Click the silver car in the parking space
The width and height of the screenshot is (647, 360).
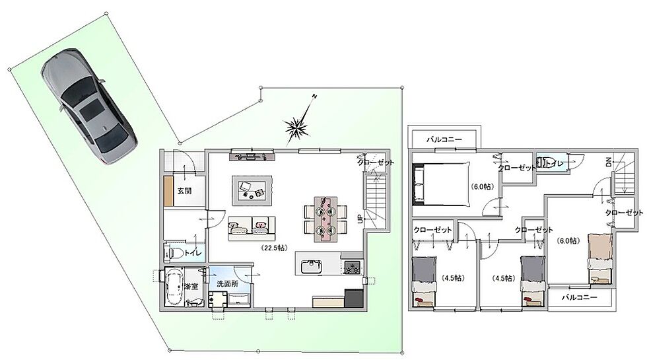coord(88,106)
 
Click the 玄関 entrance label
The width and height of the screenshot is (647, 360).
coord(184,191)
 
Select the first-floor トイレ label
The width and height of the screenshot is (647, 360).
coord(193,252)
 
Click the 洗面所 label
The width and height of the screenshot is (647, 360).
coord(227,284)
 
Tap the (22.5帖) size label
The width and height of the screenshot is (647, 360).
coord(275,248)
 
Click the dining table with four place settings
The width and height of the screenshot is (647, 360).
coord(325,219)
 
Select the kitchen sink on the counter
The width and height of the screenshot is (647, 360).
coord(311,267)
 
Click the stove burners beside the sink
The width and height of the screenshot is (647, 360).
coord(353,267)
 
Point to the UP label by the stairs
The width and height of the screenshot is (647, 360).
coord(360,219)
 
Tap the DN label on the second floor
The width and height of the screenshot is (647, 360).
coord(609,162)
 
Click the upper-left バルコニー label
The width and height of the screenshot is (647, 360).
coord(444,139)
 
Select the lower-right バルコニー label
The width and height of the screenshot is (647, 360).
coord(579,297)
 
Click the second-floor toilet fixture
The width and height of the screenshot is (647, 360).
coord(544,162)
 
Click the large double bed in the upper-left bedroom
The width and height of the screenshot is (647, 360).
coord(442,184)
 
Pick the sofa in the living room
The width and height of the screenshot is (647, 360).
coord(252,229)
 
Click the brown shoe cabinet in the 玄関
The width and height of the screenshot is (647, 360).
coord(168,191)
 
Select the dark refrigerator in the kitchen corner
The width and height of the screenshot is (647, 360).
coord(354,298)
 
